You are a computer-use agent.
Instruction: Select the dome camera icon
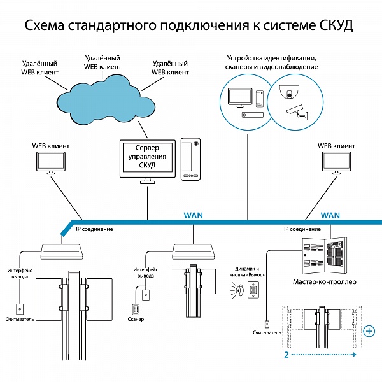point(289,92)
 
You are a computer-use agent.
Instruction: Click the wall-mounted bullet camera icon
point(297,112)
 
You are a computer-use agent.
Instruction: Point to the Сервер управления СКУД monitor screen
point(148,159)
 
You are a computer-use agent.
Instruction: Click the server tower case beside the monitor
point(190,159)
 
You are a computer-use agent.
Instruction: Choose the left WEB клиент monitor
point(51,162)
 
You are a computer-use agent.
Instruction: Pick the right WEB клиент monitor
point(336,162)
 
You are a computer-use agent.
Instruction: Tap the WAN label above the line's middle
point(193,215)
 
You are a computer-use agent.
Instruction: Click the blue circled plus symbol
point(369,331)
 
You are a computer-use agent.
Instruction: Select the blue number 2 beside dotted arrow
point(286,355)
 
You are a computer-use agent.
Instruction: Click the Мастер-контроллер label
point(324,282)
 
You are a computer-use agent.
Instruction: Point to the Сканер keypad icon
point(136,309)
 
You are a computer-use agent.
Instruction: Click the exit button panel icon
point(253,290)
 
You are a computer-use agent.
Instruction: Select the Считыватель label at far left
point(20,319)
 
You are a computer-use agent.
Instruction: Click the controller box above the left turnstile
point(61,251)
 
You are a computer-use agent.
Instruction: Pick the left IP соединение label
point(94,229)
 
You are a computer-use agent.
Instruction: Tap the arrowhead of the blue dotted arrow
point(355,355)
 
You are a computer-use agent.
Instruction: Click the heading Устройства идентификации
point(272,59)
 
